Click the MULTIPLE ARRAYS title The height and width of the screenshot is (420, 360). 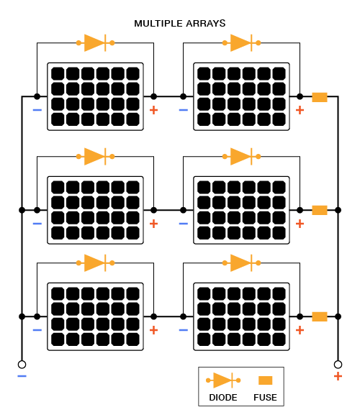coord(180,24)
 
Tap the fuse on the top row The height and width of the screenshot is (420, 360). coord(320,97)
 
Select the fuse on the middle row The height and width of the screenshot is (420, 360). coord(320,210)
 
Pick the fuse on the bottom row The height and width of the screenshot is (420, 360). coord(320,316)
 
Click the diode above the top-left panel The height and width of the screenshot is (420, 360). coord(96,43)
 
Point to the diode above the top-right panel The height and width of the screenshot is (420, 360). coord(241,43)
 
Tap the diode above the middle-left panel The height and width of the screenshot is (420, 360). coord(96,157)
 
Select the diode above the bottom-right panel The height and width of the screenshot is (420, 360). coord(241,263)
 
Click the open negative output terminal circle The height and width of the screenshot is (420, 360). coord(22,365)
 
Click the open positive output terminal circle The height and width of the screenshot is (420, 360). coord(338,365)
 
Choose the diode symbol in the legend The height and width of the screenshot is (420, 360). coord(223,380)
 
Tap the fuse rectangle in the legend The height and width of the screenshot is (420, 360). coord(265,380)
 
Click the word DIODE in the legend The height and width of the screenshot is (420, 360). coord(223,398)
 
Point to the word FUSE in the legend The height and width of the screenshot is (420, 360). coord(265,398)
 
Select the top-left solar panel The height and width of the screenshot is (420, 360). coord(95,96)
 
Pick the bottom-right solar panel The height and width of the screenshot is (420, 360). coord(241,316)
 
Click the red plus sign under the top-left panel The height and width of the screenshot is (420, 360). coord(153,110)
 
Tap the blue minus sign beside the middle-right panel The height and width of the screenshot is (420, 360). coord(183,224)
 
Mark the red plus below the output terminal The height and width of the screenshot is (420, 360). coord(338,376)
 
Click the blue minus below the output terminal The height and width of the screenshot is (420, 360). coord(22,376)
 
